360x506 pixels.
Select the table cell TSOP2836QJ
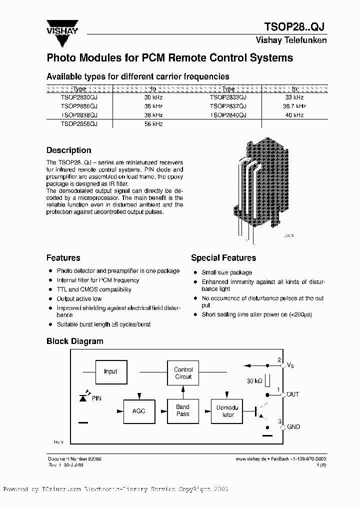79,106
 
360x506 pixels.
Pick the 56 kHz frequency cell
153,123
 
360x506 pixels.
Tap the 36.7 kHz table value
294,106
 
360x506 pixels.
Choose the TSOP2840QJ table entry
228,115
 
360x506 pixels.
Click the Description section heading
68,150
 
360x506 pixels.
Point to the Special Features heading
223,258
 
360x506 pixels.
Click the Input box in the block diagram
110,371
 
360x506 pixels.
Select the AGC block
138,410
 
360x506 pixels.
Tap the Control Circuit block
183,373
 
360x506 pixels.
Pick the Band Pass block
183,410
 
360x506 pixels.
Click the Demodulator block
228,410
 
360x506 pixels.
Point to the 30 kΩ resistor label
255,381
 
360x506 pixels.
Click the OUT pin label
292,394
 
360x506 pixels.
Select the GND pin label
293,426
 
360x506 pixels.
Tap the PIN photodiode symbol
83,397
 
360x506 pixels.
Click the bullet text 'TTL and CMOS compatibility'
94,289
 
